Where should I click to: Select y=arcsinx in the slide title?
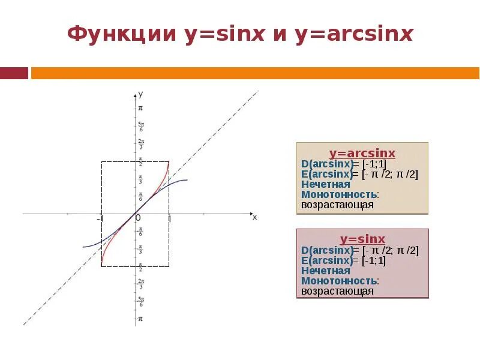[353, 34]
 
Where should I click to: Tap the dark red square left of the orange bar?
[14, 73]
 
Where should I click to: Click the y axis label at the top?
[140, 94]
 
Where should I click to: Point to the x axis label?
[254, 217]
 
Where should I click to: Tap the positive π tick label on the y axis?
[140, 108]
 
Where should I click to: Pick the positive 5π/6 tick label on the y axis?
[140, 126]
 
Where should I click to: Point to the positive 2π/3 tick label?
[140, 144]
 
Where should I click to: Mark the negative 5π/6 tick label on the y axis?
[140, 301]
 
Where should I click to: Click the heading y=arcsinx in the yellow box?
[362, 153]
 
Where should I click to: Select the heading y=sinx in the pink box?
[362, 239]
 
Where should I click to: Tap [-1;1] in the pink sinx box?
[373, 260]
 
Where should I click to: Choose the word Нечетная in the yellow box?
[325, 184]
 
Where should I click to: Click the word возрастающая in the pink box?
[337, 291]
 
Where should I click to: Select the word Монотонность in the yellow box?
[339, 194]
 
